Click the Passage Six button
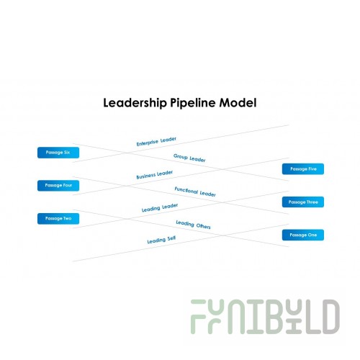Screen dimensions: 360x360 coord(58,153)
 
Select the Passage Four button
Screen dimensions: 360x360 coord(58,186)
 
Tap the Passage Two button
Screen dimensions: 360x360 coord(58,219)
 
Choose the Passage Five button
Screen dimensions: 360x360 coord(303,169)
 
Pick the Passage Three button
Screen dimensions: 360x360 coord(303,202)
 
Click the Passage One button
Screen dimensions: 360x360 coord(303,235)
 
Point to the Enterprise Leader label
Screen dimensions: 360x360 coord(156,142)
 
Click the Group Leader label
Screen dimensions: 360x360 coord(189,158)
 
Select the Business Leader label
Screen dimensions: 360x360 coord(155,175)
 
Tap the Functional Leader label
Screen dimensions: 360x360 coord(195,192)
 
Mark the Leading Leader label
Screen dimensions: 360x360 coord(160,207)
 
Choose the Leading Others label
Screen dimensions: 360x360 coord(193,225)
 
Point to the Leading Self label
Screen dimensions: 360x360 coord(161,240)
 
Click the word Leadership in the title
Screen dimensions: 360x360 coord(135,103)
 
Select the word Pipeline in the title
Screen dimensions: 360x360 coord(193,103)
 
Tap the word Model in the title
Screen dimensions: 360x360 coord(238,102)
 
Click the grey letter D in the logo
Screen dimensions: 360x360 coord(330,317)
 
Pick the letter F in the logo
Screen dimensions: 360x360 coord(198,317)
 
